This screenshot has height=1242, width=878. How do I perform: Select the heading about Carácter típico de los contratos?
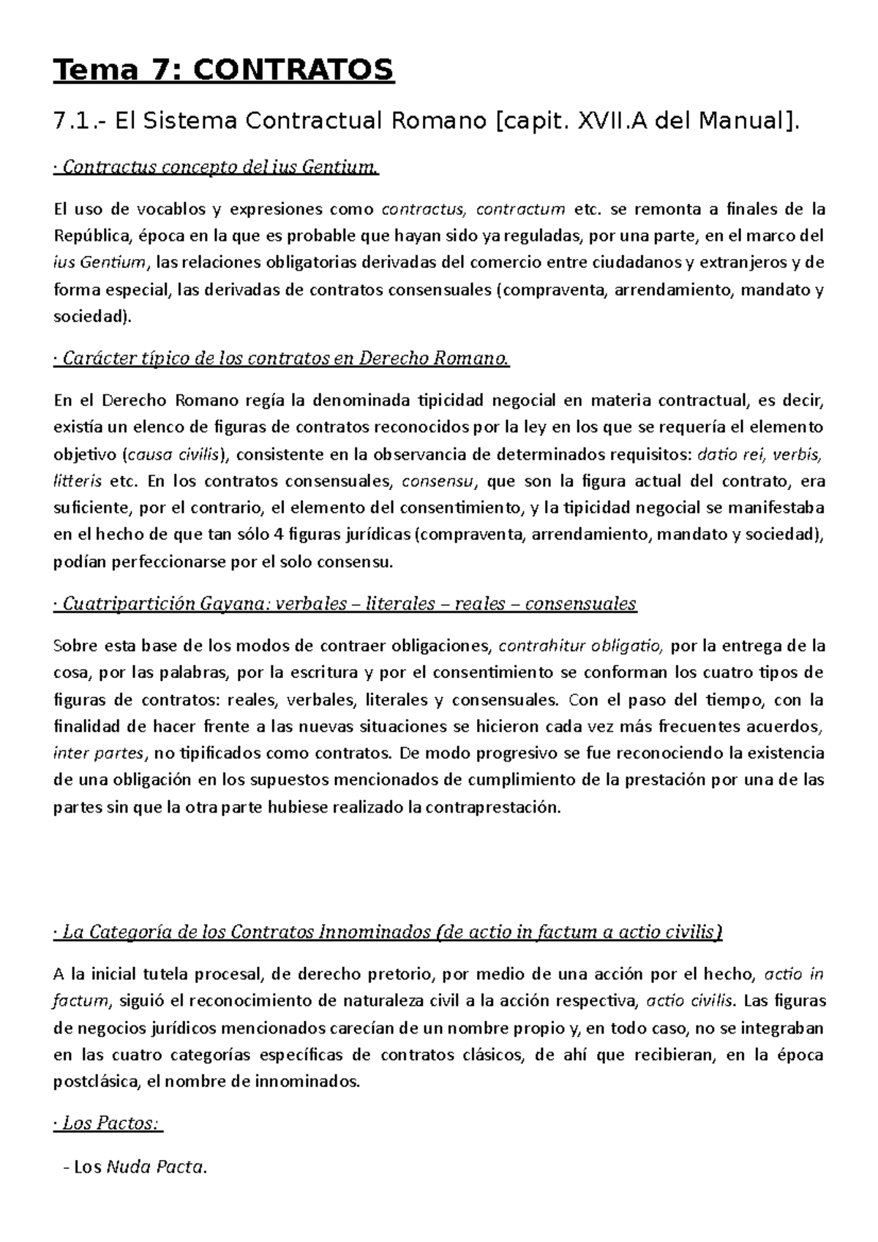click(282, 359)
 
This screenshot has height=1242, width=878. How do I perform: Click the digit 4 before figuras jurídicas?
click(277, 535)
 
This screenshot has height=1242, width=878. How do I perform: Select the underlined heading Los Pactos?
click(109, 1124)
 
